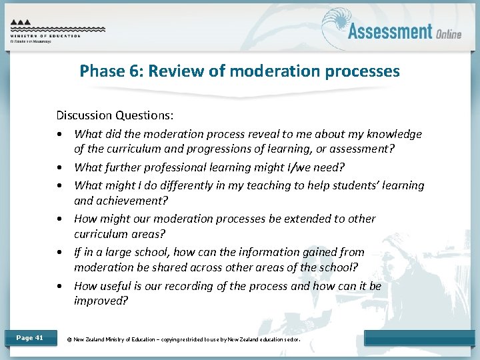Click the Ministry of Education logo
(57, 29)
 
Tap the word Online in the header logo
(448, 34)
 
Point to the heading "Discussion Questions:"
(115, 115)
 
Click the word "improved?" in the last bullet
(101, 301)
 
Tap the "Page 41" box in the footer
(29, 338)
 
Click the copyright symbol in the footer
(69, 339)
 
